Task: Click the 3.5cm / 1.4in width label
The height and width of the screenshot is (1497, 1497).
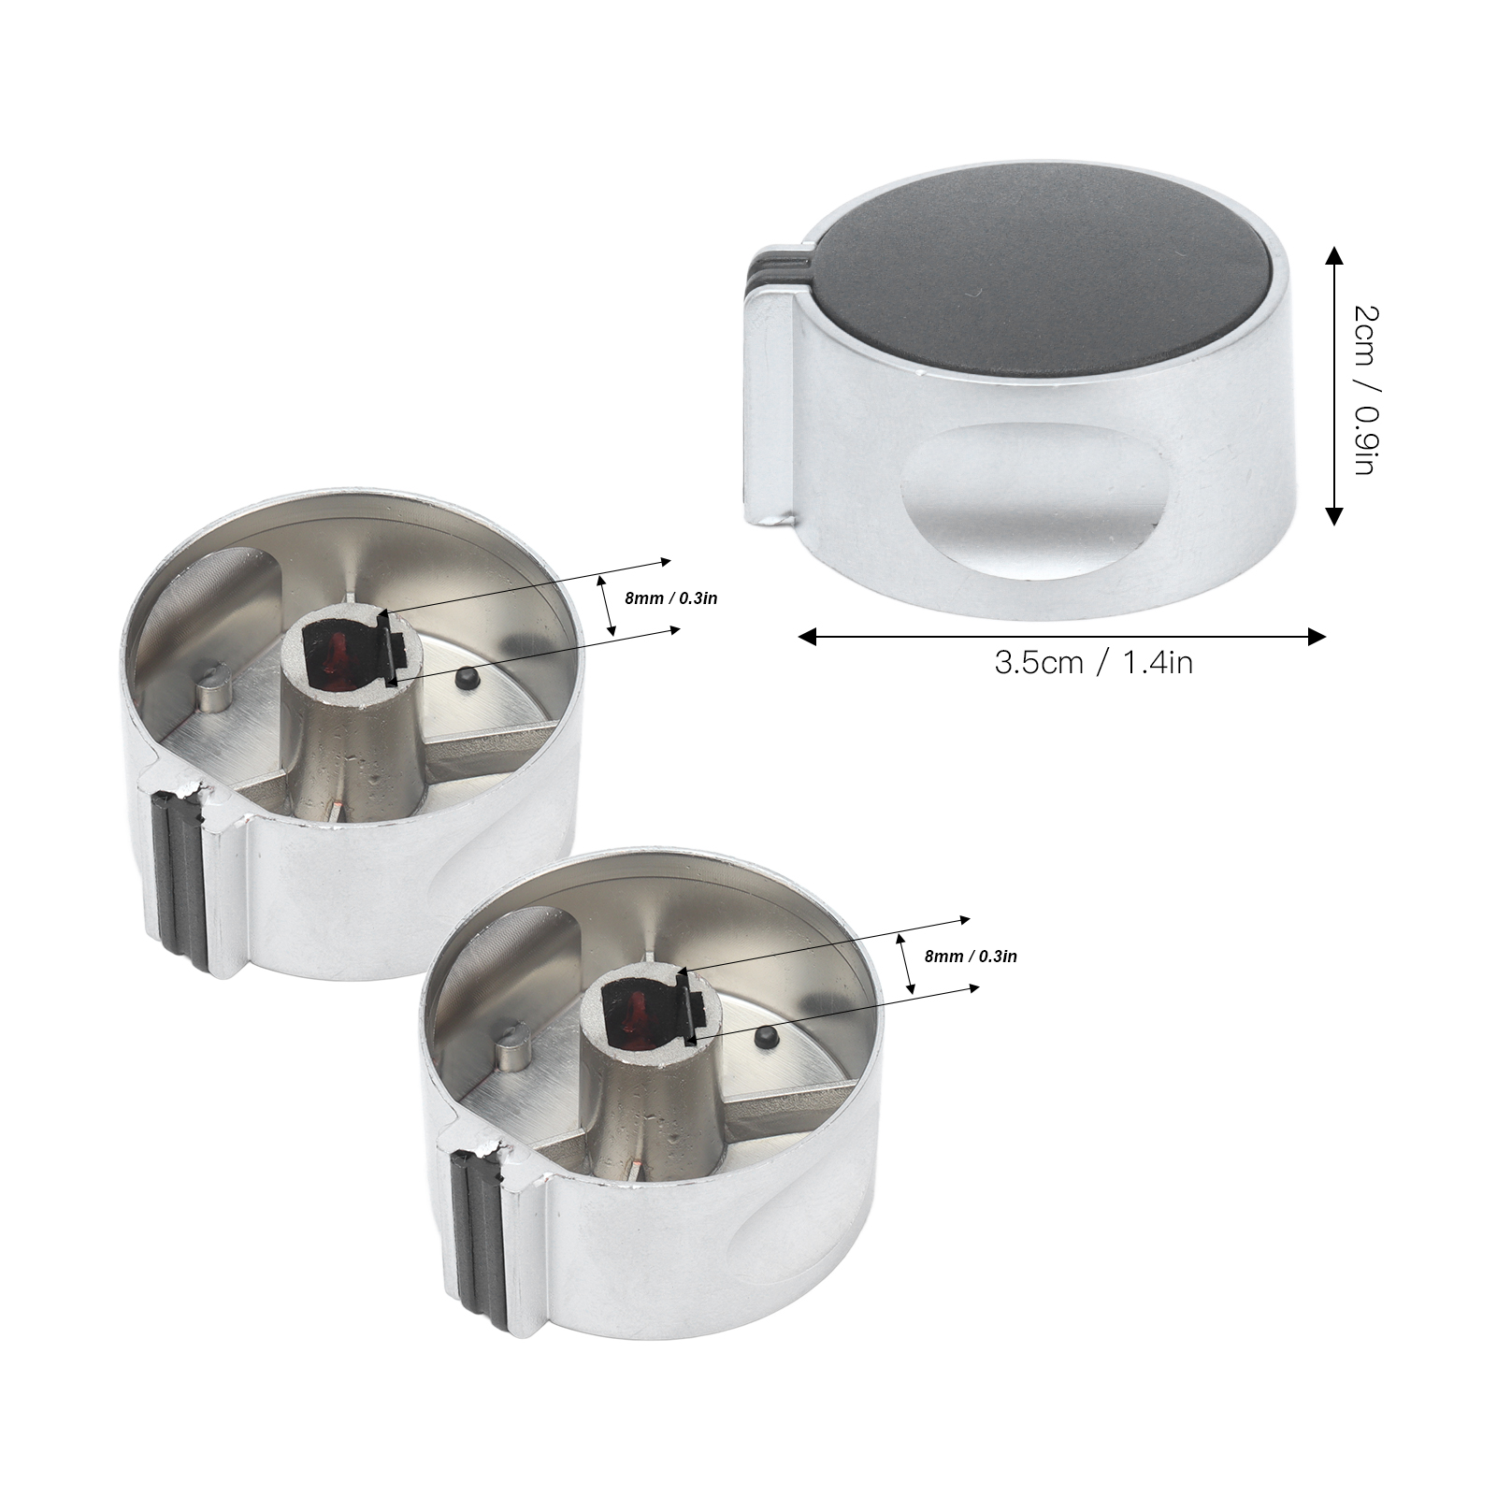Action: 1093,663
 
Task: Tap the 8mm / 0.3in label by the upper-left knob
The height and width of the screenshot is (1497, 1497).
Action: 671,598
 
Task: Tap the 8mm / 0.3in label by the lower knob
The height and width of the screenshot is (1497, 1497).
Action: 971,957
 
